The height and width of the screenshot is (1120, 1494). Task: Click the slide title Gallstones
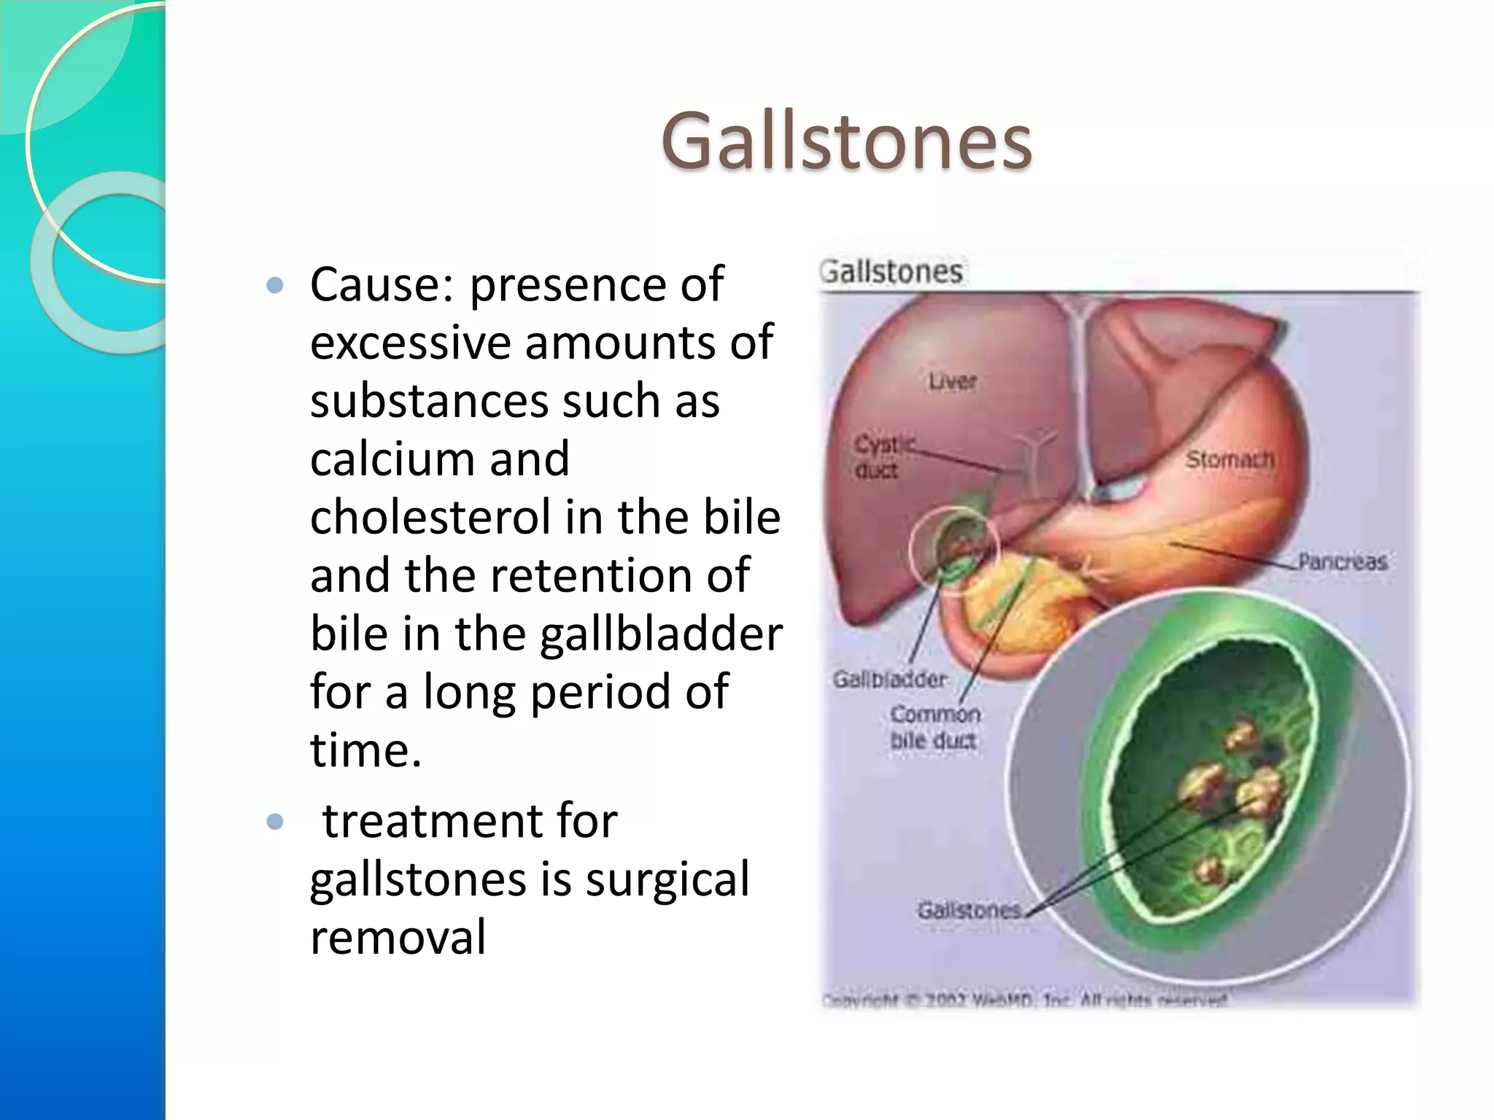click(846, 141)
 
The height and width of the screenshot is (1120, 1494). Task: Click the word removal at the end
click(398, 938)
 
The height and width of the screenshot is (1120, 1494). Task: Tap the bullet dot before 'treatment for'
click(275, 822)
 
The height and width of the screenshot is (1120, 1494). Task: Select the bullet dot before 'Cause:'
click(275, 285)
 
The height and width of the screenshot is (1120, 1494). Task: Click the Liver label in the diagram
click(952, 381)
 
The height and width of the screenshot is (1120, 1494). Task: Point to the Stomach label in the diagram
click(1229, 459)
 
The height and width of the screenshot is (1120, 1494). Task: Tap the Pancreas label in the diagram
click(1342, 561)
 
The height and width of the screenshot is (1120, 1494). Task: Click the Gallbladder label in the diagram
click(890, 680)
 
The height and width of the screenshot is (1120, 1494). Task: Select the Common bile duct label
click(934, 727)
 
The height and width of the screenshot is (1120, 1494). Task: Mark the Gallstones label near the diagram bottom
click(969, 910)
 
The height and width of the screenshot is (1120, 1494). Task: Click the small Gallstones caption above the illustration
click(891, 272)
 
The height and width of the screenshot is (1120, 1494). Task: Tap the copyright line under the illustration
click(1025, 1000)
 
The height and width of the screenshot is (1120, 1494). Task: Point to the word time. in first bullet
click(365, 751)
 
